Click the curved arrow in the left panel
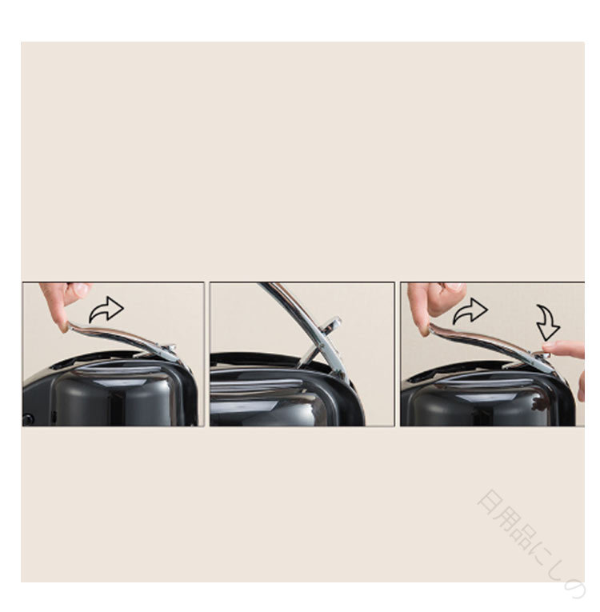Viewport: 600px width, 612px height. coord(106,310)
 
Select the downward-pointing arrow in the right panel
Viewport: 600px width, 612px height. coord(549,322)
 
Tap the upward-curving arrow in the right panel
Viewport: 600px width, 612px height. coord(470,311)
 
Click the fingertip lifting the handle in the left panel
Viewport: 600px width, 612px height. coord(62,327)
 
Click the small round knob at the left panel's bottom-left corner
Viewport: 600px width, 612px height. coord(28,419)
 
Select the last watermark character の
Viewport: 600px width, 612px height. coord(574,588)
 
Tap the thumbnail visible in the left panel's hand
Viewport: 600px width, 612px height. coord(82,289)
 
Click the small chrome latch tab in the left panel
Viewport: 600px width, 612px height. coord(168,347)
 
